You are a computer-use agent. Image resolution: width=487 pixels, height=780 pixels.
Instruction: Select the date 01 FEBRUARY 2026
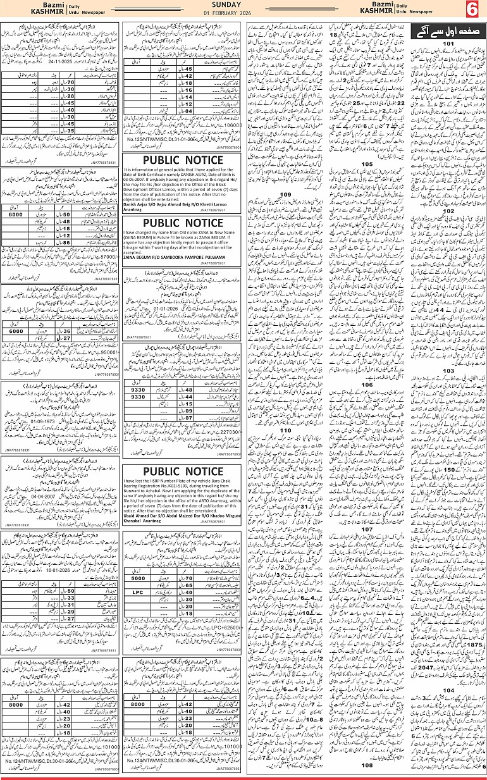[243, 14]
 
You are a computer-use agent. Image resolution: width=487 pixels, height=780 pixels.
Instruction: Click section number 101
[448, 44]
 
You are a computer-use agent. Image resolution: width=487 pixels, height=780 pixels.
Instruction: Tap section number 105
[367, 164]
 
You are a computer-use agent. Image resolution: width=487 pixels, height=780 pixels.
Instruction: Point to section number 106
[367, 384]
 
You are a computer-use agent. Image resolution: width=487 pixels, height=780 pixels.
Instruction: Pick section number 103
[448, 371]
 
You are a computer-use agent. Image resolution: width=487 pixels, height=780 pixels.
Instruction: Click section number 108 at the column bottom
[367, 765]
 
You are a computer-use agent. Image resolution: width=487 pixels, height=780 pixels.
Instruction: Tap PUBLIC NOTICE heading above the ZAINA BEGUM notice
[182, 223]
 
